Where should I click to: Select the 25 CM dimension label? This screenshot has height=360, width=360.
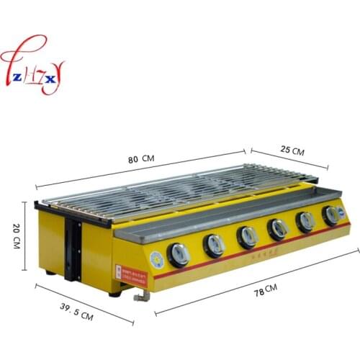point(292,153)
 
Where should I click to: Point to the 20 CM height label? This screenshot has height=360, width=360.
point(16,234)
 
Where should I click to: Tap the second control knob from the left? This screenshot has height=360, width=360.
point(214,244)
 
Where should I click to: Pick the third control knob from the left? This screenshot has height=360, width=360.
point(247,235)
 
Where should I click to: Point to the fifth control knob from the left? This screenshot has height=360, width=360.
point(305,220)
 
